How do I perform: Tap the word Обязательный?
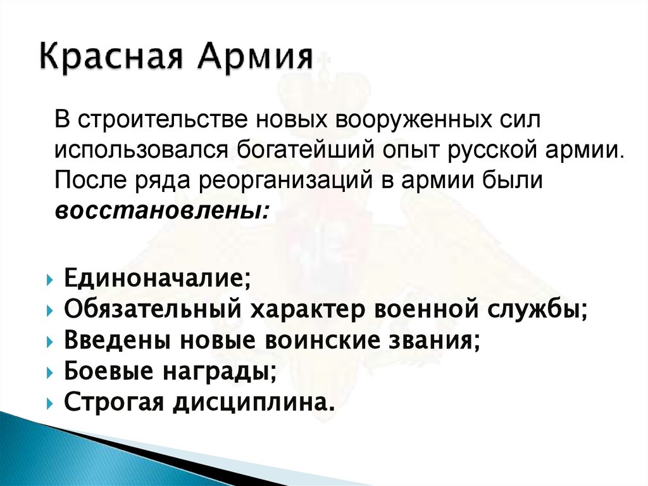coord(151,310)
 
